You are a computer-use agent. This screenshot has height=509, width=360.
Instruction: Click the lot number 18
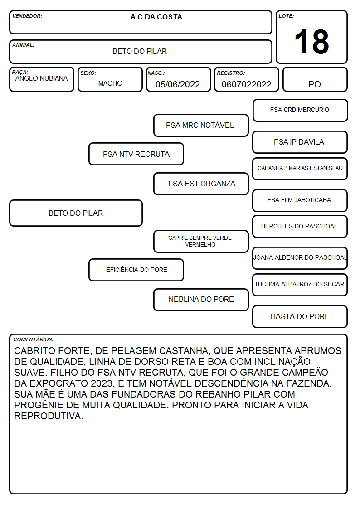(311, 42)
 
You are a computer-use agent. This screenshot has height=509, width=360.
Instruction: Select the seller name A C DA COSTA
(156, 17)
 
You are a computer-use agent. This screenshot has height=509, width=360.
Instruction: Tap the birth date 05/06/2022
(178, 84)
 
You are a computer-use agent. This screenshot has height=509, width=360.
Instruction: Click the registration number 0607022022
(246, 84)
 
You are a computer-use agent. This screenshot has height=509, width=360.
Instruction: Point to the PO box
(315, 79)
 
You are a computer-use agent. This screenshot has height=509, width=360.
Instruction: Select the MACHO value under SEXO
(110, 83)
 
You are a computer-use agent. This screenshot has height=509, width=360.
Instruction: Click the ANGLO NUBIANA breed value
(42, 78)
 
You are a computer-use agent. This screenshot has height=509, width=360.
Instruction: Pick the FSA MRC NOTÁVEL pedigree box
(201, 125)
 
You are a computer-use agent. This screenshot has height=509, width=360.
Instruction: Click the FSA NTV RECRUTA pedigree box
(136, 154)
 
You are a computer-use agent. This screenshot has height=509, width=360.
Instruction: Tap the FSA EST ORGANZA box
(201, 184)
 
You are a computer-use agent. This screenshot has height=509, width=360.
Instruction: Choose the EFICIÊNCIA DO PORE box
(136, 270)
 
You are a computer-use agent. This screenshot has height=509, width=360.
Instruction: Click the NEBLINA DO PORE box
(201, 300)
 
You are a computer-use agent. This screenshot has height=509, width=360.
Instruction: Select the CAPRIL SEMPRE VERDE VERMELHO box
(201, 241)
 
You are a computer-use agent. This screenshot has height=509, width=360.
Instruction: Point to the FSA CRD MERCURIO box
(300, 111)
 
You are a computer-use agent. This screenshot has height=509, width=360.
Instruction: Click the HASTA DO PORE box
(300, 316)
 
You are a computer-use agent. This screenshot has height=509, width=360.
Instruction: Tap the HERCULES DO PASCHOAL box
(300, 226)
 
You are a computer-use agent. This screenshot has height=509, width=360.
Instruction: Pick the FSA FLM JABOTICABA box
(300, 200)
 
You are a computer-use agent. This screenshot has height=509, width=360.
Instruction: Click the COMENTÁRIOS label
(34, 339)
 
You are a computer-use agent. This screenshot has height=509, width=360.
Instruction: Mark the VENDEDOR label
(27, 16)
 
